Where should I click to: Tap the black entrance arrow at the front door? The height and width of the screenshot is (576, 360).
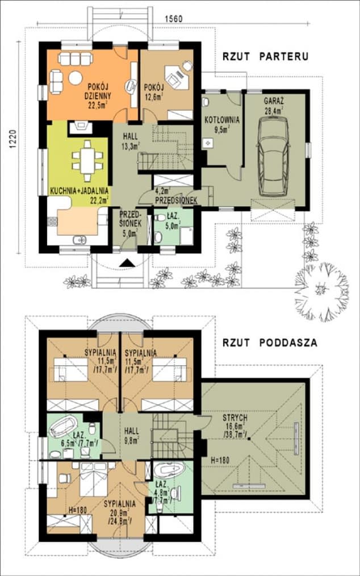tap(128, 262)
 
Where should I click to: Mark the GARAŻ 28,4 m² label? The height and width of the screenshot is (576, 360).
tap(274, 106)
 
